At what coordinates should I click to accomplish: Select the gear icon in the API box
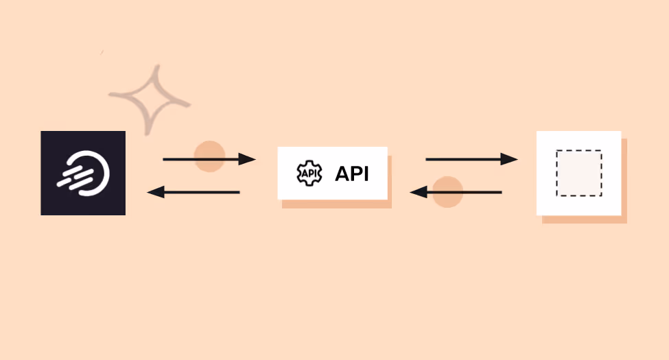(309, 173)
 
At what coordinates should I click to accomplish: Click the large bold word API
(351, 174)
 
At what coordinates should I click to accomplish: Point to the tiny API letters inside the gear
(309, 173)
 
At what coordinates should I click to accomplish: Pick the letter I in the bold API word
(365, 174)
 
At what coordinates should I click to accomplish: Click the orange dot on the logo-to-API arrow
(210, 156)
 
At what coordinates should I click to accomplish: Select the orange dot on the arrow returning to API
(447, 192)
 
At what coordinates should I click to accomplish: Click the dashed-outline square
(578, 173)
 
